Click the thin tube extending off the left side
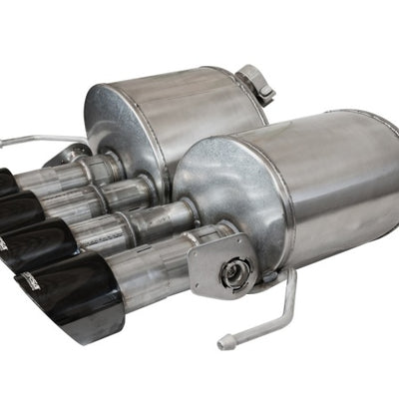pyautogui.click(x=30, y=140)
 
